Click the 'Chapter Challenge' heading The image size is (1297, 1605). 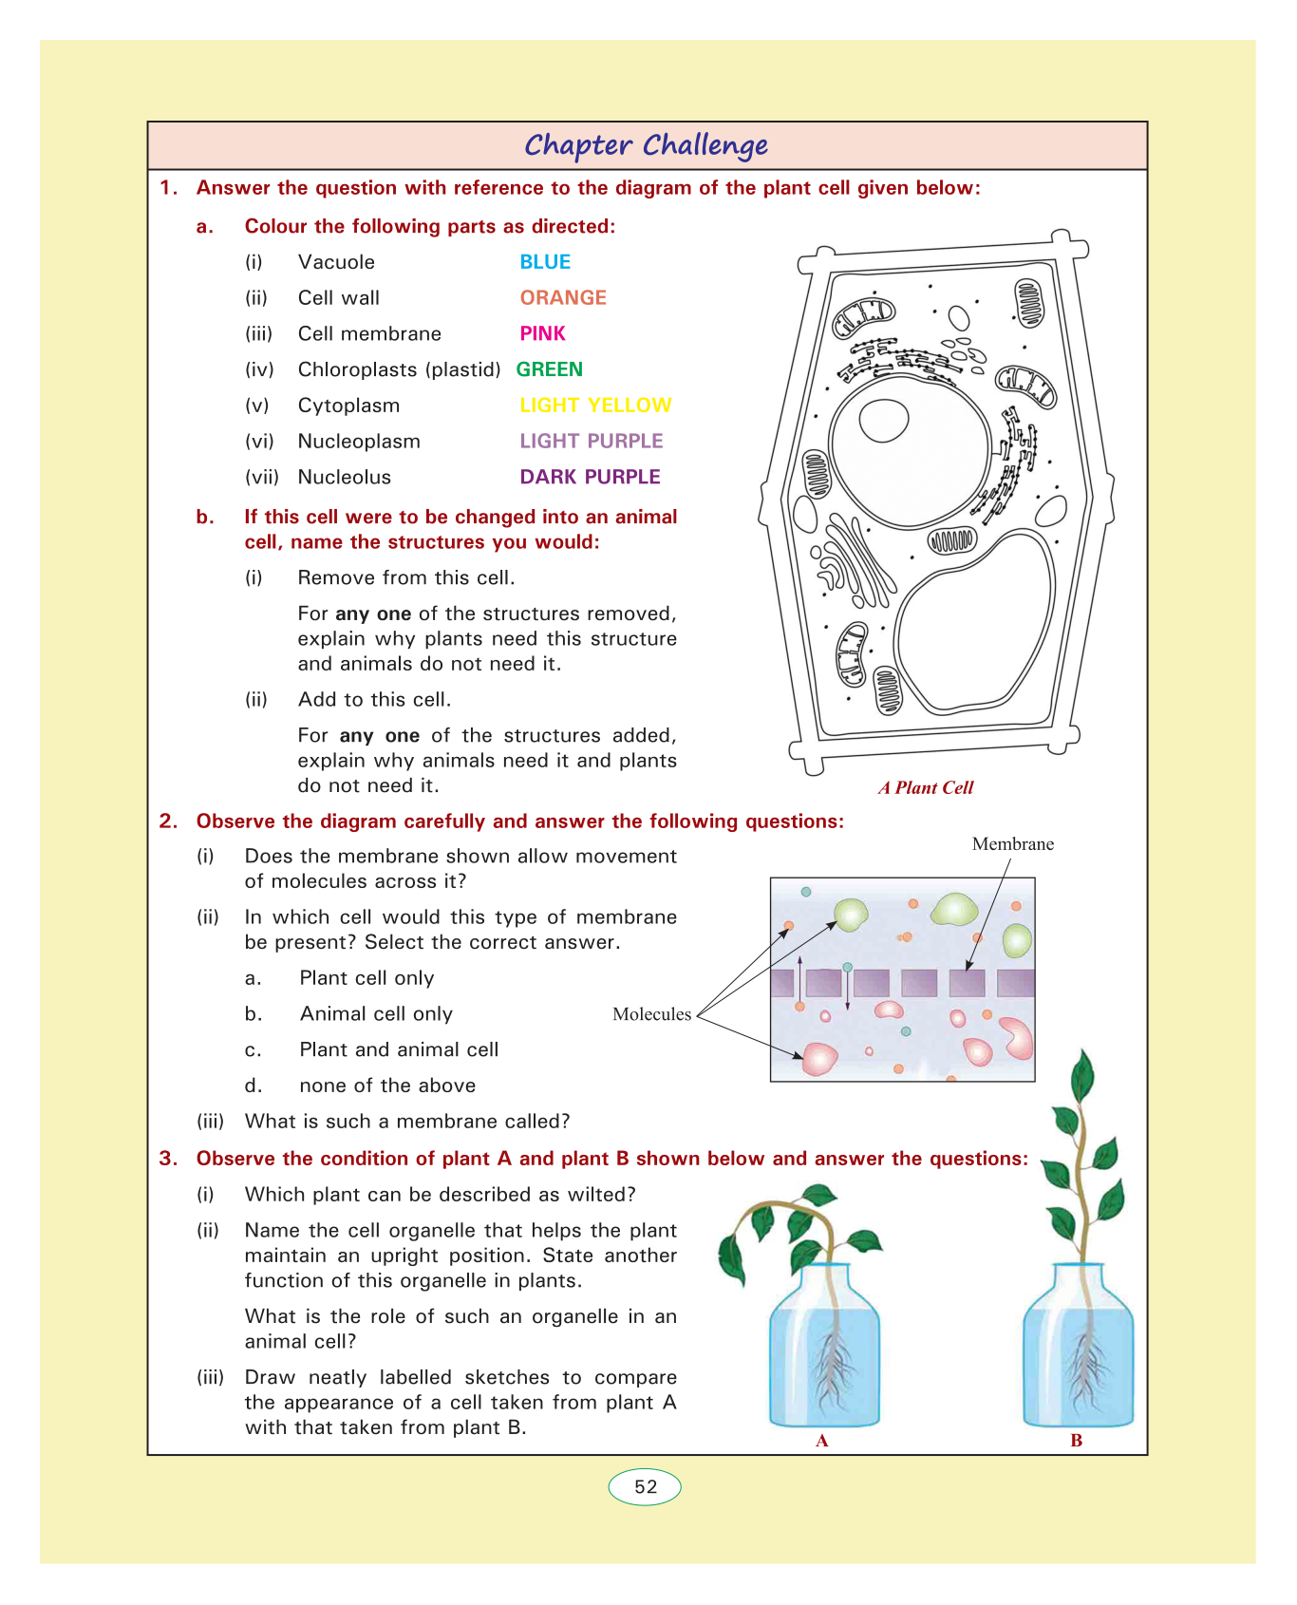647,145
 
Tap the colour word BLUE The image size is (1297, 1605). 545,262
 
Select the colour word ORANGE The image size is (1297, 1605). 563,298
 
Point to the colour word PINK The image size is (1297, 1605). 542,333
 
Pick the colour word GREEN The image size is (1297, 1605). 550,369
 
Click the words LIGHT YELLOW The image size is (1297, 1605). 595,406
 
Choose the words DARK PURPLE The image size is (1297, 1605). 590,477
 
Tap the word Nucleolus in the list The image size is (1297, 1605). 344,477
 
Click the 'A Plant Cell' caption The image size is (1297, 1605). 926,787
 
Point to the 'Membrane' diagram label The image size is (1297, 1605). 1012,844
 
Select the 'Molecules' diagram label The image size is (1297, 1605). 651,1014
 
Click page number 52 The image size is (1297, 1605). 646,1487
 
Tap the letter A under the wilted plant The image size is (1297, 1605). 822,1441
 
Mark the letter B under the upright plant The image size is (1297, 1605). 1077,1441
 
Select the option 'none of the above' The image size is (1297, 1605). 387,1086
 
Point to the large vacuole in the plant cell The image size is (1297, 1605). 973,622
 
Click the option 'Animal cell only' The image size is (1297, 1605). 376,1014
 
